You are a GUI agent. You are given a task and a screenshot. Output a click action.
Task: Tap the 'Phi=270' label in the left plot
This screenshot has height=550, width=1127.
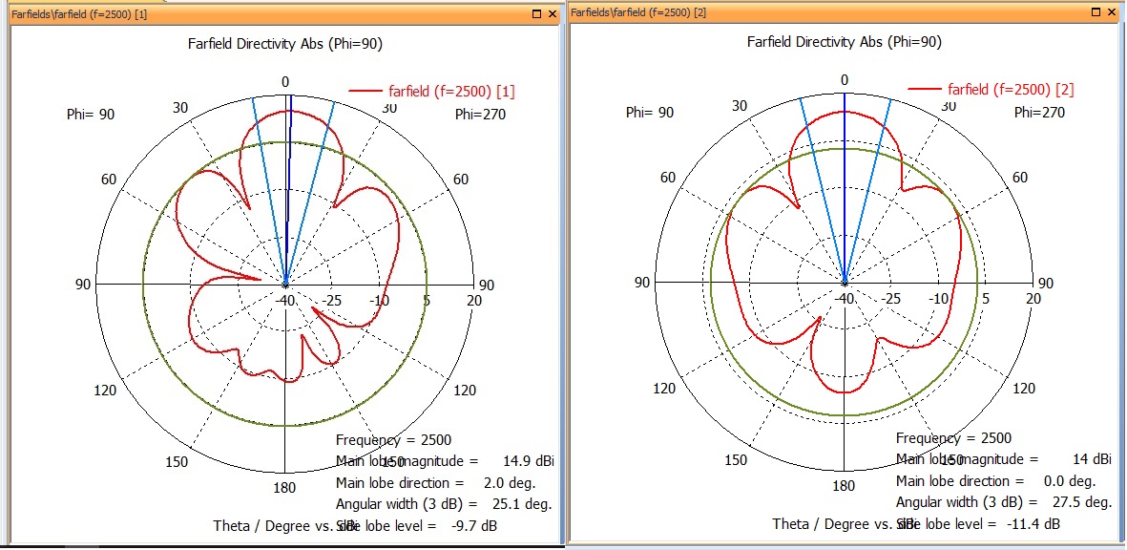(480, 115)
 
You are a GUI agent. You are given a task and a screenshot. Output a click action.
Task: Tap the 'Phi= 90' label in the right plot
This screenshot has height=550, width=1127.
(650, 113)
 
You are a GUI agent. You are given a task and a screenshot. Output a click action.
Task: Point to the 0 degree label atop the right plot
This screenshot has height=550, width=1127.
(844, 80)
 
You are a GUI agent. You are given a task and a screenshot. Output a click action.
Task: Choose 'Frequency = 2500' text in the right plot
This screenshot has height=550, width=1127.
(953, 438)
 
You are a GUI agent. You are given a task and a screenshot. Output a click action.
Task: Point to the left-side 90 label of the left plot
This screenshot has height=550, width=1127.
(83, 285)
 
